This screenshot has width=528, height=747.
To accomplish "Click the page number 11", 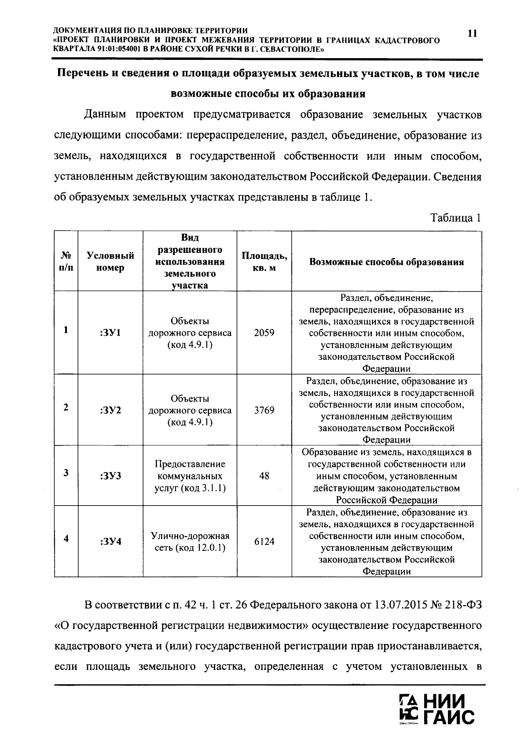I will point(472,34).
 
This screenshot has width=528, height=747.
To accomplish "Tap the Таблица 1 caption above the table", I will point(455,218).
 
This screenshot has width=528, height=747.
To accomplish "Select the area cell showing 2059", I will point(264,333).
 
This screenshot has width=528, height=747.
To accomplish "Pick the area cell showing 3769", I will point(264,410).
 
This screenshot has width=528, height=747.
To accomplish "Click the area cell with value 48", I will point(264,476).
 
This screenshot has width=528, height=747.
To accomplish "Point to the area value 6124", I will point(264,541).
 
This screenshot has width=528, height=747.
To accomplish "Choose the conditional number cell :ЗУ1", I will point(110,333).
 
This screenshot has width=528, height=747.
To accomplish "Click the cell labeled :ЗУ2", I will point(110,410).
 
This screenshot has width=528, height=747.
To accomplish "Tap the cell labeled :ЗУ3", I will point(110,476).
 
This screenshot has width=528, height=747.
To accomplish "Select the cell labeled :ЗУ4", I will point(110,541).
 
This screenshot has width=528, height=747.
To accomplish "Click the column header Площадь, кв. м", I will point(264,262).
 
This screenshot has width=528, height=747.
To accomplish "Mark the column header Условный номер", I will point(110,262).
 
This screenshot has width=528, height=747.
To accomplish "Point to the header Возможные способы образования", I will point(386,262).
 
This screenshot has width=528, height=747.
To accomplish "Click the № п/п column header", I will point(66,262).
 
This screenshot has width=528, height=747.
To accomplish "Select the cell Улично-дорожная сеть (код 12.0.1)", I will point(190,542).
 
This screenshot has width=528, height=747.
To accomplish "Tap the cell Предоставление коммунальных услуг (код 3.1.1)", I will point(190,476).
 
